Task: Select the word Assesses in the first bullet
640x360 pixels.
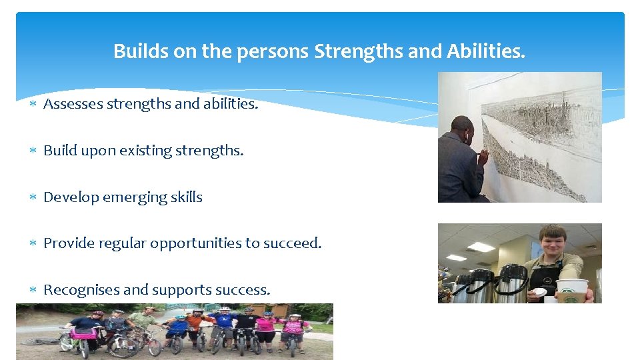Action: pyautogui.click(x=73, y=104)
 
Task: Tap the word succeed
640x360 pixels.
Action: pyautogui.click(x=293, y=243)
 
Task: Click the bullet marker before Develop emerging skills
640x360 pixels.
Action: pyautogui.click(x=33, y=198)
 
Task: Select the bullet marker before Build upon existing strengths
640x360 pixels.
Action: pyautogui.click(x=33, y=151)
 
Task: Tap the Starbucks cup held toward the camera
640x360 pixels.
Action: pyautogui.click(x=573, y=291)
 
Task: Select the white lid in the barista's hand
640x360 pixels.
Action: pyautogui.click(x=538, y=292)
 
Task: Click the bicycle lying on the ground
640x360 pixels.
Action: pyautogui.click(x=41, y=341)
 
